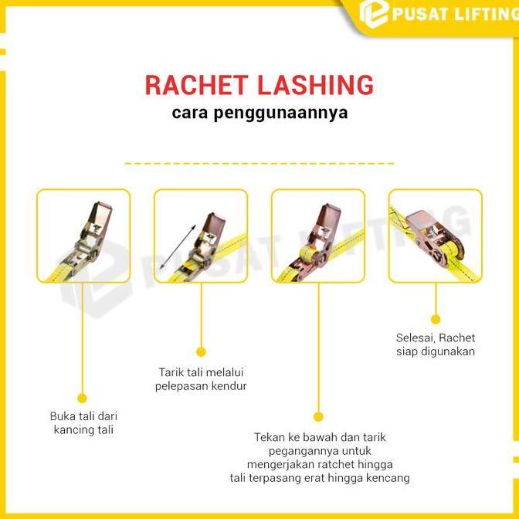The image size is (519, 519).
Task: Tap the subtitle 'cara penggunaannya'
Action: click(259, 114)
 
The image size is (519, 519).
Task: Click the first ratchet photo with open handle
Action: click(83, 236)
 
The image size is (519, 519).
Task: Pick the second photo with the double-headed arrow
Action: click(201, 236)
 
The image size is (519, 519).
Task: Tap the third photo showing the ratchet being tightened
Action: click(318, 236)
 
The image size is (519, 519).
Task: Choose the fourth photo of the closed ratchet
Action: click(435, 236)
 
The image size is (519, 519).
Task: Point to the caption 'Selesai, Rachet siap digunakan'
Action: click(436, 344)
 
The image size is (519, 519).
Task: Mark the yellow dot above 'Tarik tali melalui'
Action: click(201, 352)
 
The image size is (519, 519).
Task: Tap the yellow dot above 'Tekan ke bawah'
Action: click(318, 417)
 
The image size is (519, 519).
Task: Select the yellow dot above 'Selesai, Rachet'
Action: click(436, 318)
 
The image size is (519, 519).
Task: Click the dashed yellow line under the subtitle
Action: click(259, 164)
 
